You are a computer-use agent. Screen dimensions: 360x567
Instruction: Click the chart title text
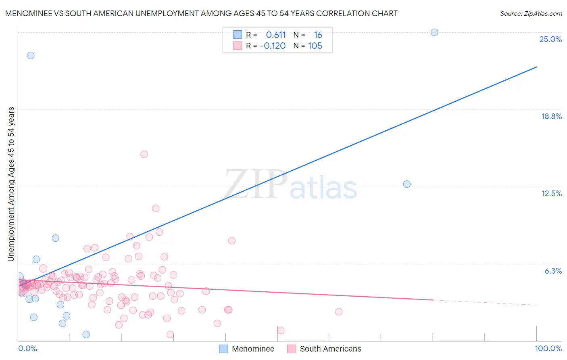tap(201, 13)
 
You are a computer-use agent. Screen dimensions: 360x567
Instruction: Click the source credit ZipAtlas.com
tap(531, 13)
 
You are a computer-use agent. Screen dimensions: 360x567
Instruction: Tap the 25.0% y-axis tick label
tap(550, 39)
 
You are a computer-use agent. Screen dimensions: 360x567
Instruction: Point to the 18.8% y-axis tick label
tap(551, 116)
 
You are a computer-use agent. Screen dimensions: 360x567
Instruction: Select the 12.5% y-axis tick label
tap(551, 193)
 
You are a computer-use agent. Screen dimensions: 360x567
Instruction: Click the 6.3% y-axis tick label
tap(553, 271)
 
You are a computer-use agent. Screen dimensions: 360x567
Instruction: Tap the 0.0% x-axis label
tap(27, 348)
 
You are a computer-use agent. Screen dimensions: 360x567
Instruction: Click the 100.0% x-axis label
tap(548, 348)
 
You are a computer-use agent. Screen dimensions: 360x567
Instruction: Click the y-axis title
tap(11, 184)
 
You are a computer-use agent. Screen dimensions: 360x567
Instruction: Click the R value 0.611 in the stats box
tap(276, 35)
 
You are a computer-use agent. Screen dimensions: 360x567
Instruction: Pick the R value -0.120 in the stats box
tap(273, 46)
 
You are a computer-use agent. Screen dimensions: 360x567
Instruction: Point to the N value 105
tap(315, 46)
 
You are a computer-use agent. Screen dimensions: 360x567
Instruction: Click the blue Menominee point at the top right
tap(434, 32)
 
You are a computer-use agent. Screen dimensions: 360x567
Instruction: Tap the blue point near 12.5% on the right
tap(406, 184)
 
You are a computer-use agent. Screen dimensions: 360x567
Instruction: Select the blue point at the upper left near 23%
tap(31, 56)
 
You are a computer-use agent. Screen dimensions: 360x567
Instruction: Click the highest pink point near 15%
tap(144, 154)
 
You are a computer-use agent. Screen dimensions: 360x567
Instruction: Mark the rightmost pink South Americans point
tap(339, 312)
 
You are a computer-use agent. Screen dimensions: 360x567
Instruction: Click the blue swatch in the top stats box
tap(238, 35)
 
